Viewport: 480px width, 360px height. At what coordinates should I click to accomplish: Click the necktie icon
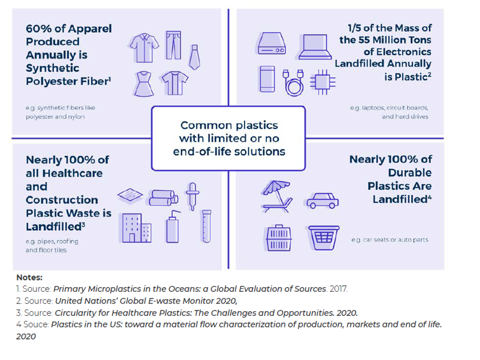click(x=194, y=56)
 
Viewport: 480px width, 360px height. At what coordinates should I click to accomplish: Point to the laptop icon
click(x=314, y=46)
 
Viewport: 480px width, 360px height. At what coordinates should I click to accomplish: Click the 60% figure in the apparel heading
click(x=38, y=29)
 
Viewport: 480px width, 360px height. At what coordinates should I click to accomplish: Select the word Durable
click(x=410, y=172)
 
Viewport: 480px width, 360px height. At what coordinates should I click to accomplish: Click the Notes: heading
click(x=29, y=277)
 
